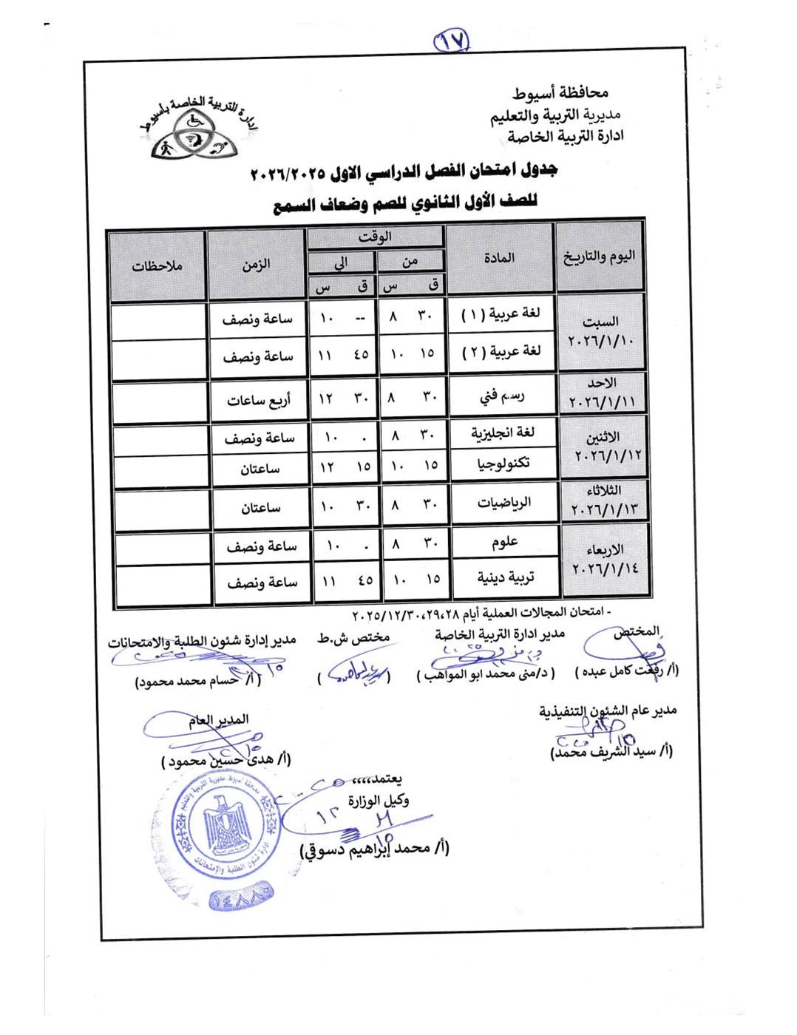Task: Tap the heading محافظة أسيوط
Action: (x=560, y=93)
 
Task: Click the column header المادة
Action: (x=500, y=258)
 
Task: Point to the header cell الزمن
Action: (x=256, y=265)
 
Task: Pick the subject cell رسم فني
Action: (x=502, y=396)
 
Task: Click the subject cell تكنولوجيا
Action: (x=504, y=464)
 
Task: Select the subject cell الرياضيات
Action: (x=504, y=503)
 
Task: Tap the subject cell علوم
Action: (x=504, y=543)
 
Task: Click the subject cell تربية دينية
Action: (x=505, y=577)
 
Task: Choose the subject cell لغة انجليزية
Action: (x=503, y=432)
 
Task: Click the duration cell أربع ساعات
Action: (x=259, y=401)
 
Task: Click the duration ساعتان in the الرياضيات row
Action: (x=260, y=508)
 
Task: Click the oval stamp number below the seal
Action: (x=242, y=899)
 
